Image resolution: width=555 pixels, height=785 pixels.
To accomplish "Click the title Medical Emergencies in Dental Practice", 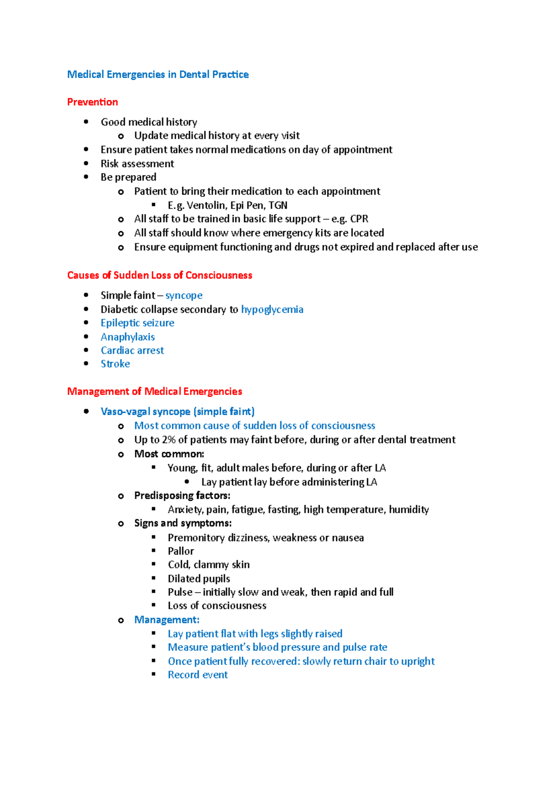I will (158, 74).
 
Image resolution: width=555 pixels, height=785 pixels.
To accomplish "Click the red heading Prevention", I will (92, 102).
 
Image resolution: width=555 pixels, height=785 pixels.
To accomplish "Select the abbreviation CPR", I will (359, 219).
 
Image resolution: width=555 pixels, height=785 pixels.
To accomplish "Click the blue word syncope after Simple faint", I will (184, 295).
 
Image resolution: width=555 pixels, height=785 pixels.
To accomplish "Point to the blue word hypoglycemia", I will (272, 309).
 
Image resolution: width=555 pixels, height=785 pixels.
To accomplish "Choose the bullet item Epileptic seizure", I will (137, 323).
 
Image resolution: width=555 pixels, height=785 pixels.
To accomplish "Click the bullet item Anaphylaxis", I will (128, 337).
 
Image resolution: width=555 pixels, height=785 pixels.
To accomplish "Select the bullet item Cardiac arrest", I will (132, 350).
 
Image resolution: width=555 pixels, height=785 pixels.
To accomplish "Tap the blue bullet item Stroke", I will (115, 364).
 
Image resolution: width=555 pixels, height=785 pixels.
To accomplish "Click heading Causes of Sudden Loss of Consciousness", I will (160, 276).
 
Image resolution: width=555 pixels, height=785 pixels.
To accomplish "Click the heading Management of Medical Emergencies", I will (154, 392).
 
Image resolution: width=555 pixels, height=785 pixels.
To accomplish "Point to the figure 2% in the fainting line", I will (168, 440).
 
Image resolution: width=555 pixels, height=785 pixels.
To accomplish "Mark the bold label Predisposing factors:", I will (182, 496).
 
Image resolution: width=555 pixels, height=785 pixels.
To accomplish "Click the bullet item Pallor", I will (181, 551).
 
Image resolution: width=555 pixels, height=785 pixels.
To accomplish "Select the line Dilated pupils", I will (199, 579).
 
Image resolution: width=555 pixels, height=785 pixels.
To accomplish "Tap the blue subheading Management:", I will (167, 620).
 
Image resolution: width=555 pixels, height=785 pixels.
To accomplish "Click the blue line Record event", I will (197, 675).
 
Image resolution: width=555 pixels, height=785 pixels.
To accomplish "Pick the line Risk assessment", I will (137, 164).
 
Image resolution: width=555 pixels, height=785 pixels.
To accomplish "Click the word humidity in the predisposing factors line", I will (409, 509).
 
